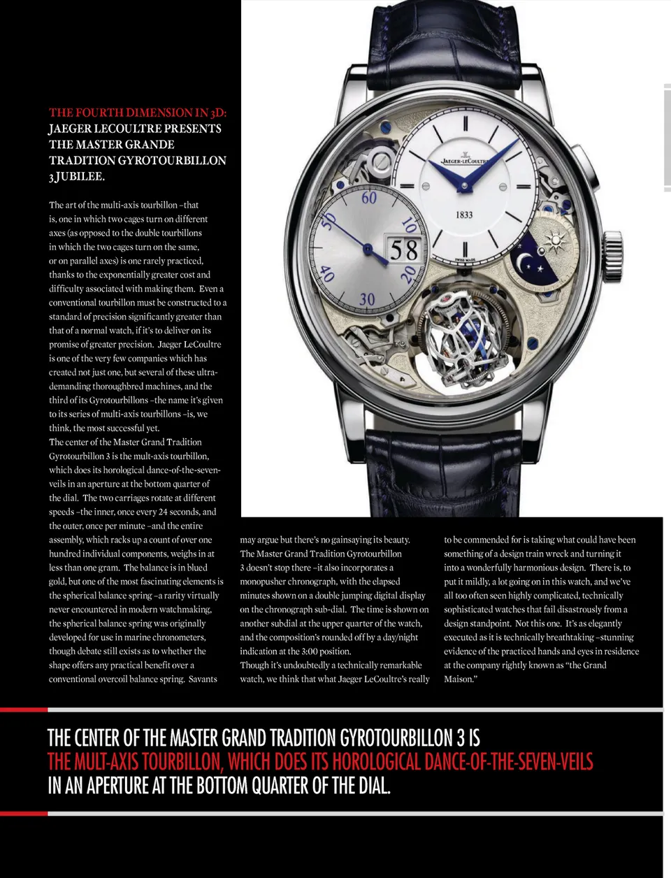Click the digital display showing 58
coord(403,250)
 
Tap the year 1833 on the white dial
coord(464,215)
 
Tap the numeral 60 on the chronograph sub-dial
coord(369,198)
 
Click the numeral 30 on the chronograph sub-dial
coord(367,299)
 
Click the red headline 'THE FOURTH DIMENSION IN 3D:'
coord(138,113)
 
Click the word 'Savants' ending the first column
coord(202,679)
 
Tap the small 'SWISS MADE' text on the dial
coord(465,259)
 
